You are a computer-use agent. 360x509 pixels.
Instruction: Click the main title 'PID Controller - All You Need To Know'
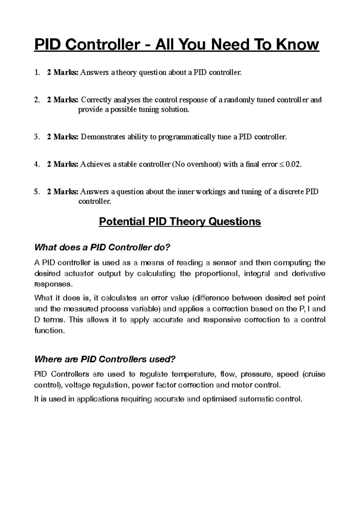tap(177, 45)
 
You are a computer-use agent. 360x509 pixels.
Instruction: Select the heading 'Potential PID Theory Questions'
tap(180, 222)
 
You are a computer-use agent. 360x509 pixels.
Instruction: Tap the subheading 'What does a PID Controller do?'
tap(102, 248)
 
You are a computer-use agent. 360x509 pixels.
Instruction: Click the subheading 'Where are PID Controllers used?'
tap(105, 359)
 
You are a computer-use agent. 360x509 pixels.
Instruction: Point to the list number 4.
tap(36, 164)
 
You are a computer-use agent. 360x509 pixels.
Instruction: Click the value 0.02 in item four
tap(292, 164)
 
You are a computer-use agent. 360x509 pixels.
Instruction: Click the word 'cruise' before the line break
tap(315, 374)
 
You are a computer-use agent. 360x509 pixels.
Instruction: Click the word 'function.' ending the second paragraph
tap(49, 330)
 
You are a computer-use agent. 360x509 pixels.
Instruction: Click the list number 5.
tap(36, 191)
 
